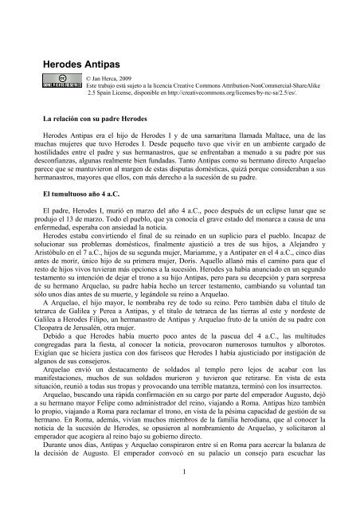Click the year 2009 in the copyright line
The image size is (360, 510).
[x=131, y=80]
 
